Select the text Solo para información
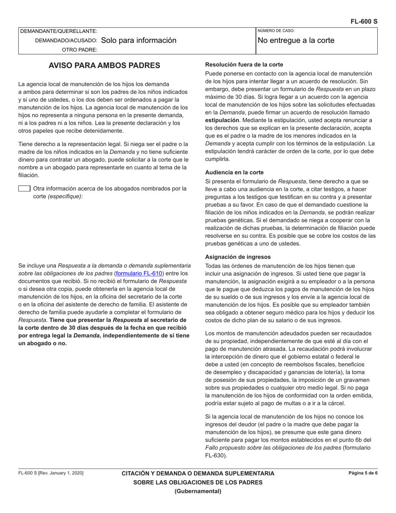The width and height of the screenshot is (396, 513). tap(138, 40)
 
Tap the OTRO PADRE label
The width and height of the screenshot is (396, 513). tap(80, 50)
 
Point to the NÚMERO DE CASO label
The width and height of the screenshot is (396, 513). tap(276, 31)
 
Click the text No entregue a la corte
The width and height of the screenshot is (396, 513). tap(296, 40)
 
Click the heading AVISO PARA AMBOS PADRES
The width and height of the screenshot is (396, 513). tap(104, 65)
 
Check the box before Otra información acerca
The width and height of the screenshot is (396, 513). tap(24, 189)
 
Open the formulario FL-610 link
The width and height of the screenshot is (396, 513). tap(139, 273)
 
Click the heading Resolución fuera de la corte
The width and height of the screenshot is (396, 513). tap(244, 65)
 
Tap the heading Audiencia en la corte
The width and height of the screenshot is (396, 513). tap(234, 172)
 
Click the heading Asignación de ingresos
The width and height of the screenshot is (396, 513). tap(238, 257)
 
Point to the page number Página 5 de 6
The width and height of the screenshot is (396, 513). tap(363, 473)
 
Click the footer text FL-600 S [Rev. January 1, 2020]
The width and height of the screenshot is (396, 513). tap(50, 473)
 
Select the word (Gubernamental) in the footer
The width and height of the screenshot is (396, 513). tap(198, 491)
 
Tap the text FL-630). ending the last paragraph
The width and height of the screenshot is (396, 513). tap(216, 455)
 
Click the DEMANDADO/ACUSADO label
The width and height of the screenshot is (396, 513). tap(66, 40)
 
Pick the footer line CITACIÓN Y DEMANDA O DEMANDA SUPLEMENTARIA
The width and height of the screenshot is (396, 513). tap(198, 473)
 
